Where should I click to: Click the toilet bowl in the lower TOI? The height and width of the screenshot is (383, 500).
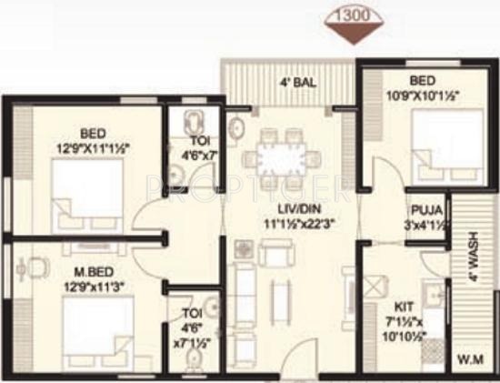[190, 362]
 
